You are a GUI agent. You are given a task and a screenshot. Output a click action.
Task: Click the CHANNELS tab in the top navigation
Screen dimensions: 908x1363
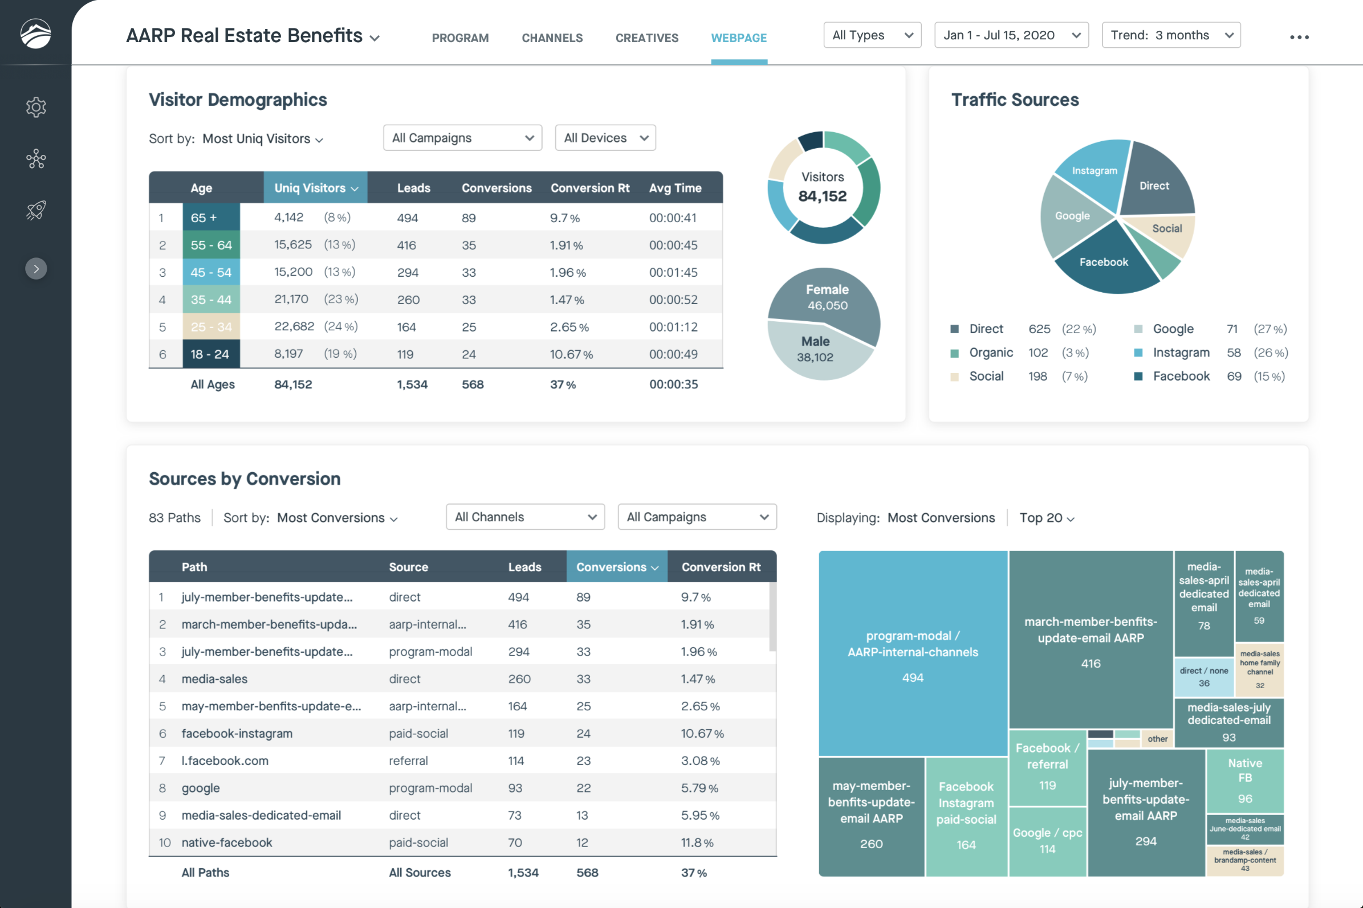coord(552,38)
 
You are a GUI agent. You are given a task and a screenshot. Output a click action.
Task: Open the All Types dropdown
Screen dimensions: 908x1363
coord(872,35)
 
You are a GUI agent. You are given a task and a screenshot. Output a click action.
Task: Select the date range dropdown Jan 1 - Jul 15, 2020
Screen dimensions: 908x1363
coord(1011,35)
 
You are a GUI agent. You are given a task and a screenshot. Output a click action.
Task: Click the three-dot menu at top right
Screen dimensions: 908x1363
coord(1299,37)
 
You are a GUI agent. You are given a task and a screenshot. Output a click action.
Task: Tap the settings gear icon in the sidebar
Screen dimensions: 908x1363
coord(36,107)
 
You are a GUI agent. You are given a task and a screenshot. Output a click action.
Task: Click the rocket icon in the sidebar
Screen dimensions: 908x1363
coord(36,210)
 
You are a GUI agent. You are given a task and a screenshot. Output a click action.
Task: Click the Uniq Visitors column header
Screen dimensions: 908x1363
coord(315,187)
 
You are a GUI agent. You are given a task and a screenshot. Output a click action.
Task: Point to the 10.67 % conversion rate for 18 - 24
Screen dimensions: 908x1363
coord(571,354)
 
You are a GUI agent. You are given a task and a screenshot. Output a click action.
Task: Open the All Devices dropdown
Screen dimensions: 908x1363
coord(605,138)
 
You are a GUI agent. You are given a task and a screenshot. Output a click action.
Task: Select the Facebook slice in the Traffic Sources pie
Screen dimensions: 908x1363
coord(1104,264)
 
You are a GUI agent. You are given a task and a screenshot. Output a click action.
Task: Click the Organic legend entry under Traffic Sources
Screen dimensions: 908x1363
coord(990,353)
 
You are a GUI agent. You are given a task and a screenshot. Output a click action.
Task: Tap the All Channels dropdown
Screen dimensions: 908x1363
coord(525,517)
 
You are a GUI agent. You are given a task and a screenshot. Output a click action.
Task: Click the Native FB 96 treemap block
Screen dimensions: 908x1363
coord(1245,780)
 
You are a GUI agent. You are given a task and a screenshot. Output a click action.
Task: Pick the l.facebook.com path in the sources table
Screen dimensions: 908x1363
coord(225,761)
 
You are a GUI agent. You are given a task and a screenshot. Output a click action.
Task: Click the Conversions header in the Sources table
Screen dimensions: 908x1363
coord(617,567)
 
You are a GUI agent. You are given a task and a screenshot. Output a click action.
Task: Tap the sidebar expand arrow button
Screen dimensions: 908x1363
coord(36,269)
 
